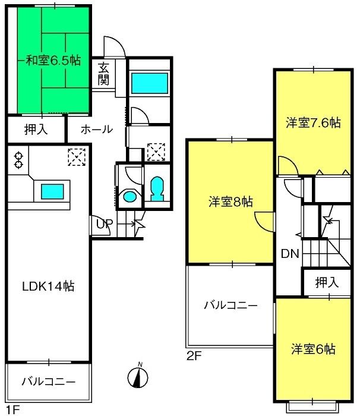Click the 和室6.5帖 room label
(53, 60)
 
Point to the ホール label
(93, 129)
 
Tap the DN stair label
(289, 254)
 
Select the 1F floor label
(12, 410)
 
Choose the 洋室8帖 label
(230, 201)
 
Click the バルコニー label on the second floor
(230, 305)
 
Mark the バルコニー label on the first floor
(48, 380)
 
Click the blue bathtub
(149, 84)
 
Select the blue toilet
(157, 190)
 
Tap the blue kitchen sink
(52, 191)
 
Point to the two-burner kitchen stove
(19, 159)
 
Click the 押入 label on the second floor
(327, 282)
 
